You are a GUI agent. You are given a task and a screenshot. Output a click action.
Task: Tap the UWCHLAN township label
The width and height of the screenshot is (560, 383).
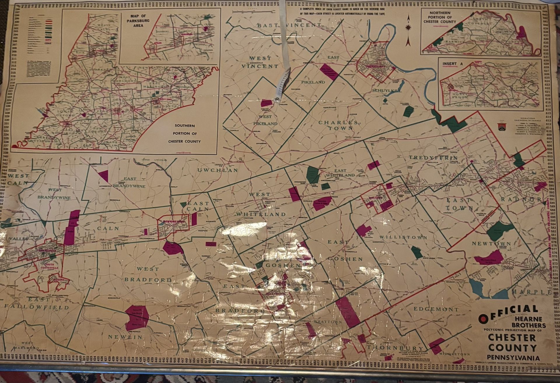pyautogui.click(x=218, y=170)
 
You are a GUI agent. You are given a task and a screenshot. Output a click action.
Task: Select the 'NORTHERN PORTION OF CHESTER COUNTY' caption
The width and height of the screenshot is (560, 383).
pyautogui.click(x=440, y=17)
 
